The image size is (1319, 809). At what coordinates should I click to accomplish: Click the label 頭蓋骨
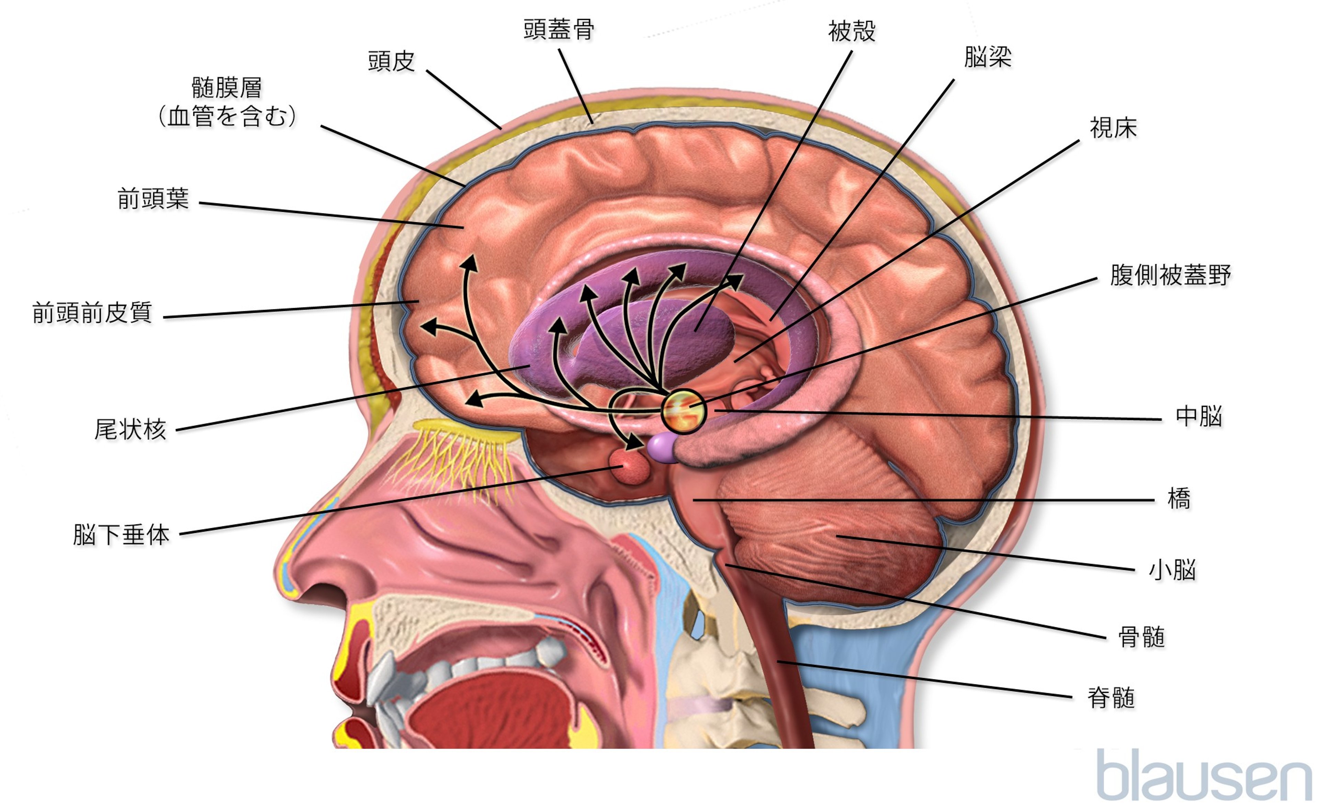pos(558,30)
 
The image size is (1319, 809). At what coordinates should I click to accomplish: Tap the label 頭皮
pos(391,61)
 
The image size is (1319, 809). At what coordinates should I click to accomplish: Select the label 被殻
pos(852,31)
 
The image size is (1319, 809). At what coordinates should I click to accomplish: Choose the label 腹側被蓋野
pos(1170,275)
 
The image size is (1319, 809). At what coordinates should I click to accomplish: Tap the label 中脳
pos(1198,416)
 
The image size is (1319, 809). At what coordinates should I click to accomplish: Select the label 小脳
pos(1172,570)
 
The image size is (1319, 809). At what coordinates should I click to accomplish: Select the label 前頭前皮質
pos(92,313)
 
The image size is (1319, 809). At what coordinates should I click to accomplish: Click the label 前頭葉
pos(153,199)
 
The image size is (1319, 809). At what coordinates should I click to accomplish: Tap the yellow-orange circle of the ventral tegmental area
pos(684,411)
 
